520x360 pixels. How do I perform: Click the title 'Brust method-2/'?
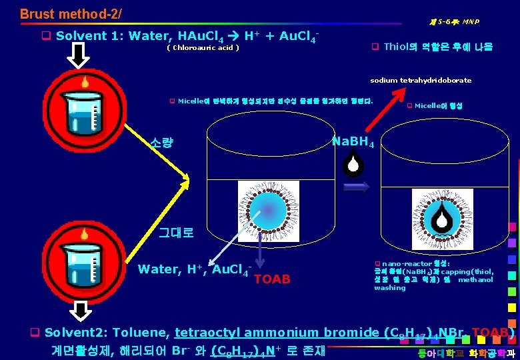(x=71, y=13)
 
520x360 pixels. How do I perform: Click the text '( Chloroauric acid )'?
(x=203, y=48)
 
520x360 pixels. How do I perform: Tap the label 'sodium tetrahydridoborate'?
(x=420, y=80)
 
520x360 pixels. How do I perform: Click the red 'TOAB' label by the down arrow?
(x=272, y=279)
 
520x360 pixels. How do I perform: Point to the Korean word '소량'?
(x=163, y=142)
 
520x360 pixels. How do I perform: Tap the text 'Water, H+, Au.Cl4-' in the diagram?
(x=194, y=269)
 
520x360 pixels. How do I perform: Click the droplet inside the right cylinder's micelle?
(x=440, y=213)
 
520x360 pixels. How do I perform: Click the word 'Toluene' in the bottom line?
(x=143, y=333)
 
